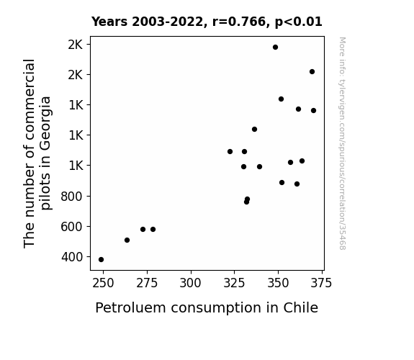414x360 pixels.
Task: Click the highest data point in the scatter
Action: tap(275, 48)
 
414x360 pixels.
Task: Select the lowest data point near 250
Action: tap(101, 260)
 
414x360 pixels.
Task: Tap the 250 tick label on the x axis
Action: tap(103, 283)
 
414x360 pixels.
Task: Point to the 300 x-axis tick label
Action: tap(190, 283)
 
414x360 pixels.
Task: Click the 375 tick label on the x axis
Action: tap(321, 283)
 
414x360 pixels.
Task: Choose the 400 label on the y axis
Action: tap(72, 257)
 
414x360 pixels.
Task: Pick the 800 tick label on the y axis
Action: tap(72, 197)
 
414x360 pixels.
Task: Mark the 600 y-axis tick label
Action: tap(72, 227)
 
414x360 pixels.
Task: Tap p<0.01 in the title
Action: tap(298, 22)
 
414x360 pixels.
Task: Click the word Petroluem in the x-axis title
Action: tap(131, 308)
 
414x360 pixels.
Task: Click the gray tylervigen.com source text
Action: tap(342, 143)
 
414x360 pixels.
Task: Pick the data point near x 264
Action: tap(127, 240)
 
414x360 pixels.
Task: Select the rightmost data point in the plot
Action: tap(313, 111)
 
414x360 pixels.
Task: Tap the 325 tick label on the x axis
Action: tap(234, 283)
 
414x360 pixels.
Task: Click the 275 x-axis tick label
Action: tap(147, 283)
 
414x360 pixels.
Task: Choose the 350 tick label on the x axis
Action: tap(278, 283)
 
